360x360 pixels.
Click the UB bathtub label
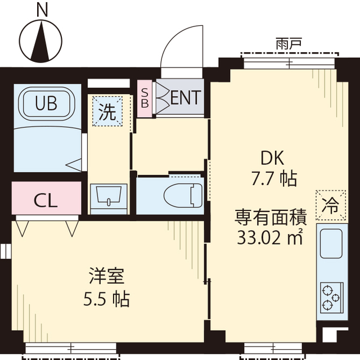tap(47, 103)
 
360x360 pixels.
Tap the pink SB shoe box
tap(145, 98)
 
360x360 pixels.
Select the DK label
tap(268, 157)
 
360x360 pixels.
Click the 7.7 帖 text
tap(273, 179)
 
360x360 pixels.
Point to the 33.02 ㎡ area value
tap(269, 237)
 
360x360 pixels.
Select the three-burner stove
tap(330, 297)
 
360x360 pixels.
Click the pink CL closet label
tap(46, 201)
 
